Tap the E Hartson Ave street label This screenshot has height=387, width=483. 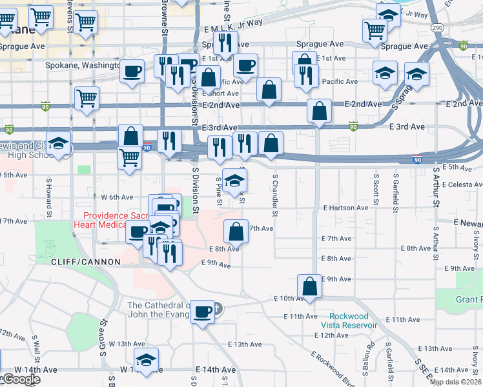(x=345, y=208)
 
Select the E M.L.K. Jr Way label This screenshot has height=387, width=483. (x=233, y=22)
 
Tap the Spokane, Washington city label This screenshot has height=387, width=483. (x=83, y=65)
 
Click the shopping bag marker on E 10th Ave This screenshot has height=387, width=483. (x=310, y=287)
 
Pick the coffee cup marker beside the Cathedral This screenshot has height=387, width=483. (x=202, y=313)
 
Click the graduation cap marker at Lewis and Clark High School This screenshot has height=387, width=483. (x=59, y=146)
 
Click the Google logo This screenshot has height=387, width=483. (x=21, y=379)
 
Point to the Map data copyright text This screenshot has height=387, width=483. (x=456, y=382)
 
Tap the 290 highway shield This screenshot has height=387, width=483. (x=437, y=28)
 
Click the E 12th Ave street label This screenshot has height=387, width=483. (x=335, y=335)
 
